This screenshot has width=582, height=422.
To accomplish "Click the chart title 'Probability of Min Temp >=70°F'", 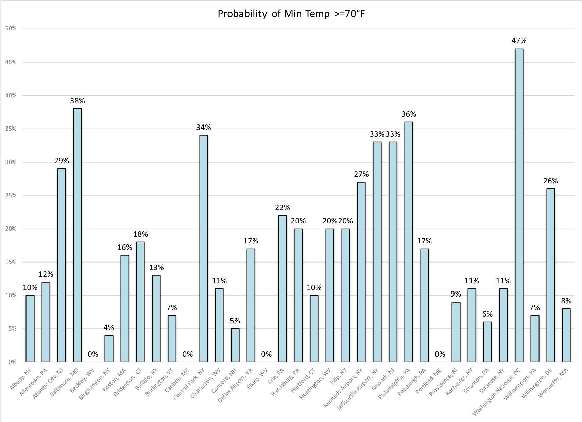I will pyautogui.click(x=291, y=14).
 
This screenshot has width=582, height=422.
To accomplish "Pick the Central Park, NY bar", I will pyautogui.click(x=203, y=249).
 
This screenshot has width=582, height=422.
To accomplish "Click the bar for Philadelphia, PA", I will pyautogui.click(x=408, y=242).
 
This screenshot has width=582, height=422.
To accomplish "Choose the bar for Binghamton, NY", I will pyautogui.click(x=109, y=349).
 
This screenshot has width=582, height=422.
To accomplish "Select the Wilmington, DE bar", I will pyautogui.click(x=550, y=275).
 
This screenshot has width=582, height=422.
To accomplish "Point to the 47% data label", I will pyautogui.click(x=519, y=41).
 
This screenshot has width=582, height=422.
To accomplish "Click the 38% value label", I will pyautogui.click(x=77, y=101).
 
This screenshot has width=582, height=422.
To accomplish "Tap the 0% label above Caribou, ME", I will pyautogui.click(x=188, y=354).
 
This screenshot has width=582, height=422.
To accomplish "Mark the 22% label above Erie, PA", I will pyautogui.click(x=282, y=207).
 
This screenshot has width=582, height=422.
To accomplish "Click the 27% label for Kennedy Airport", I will pyautogui.click(x=361, y=174).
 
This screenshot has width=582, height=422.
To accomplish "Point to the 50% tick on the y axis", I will pyautogui.click(x=11, y=29).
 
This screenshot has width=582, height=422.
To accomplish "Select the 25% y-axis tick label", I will pyautogui.click(x=11, y=196).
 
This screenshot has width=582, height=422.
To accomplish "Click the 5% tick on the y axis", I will pyautogui.click(x=12, y=329).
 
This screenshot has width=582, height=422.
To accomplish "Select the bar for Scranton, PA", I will pyautogui.click(x=487, y=342).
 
